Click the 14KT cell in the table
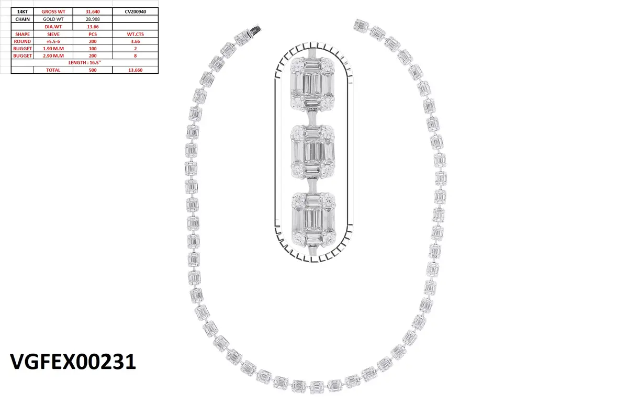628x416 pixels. tap(22, 12)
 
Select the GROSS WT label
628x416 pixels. tap(53, 12)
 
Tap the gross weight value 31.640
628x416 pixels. tap(93, 12)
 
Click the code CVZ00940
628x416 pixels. tap(136, 12)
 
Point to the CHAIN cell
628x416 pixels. tap(23, 19)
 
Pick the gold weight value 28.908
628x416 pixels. tap(93, 19)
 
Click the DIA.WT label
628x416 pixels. tap(53, 27)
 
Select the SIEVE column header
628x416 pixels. tap(53, 34)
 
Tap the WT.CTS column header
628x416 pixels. tap(136, 34)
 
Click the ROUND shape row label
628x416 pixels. tap(23, 41)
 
